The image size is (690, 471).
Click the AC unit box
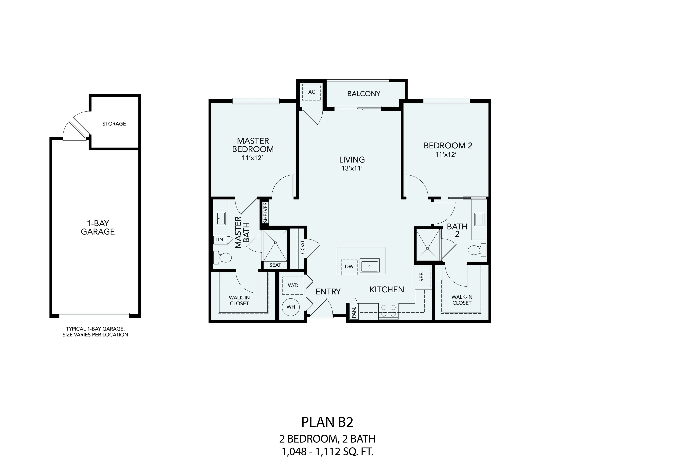click(x=311, y=92)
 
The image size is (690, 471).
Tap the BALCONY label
click(x=364, y=94)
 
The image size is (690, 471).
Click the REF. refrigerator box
click(x=422, y=277)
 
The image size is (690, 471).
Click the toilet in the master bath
click(x=223, y=258)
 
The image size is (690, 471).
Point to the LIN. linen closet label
click(x=220, y=239)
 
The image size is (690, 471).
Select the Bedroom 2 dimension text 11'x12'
click(x=446, y=154)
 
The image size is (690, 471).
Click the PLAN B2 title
click(x=327, y=422)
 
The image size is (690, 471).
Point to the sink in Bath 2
click(x=479, y=219)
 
